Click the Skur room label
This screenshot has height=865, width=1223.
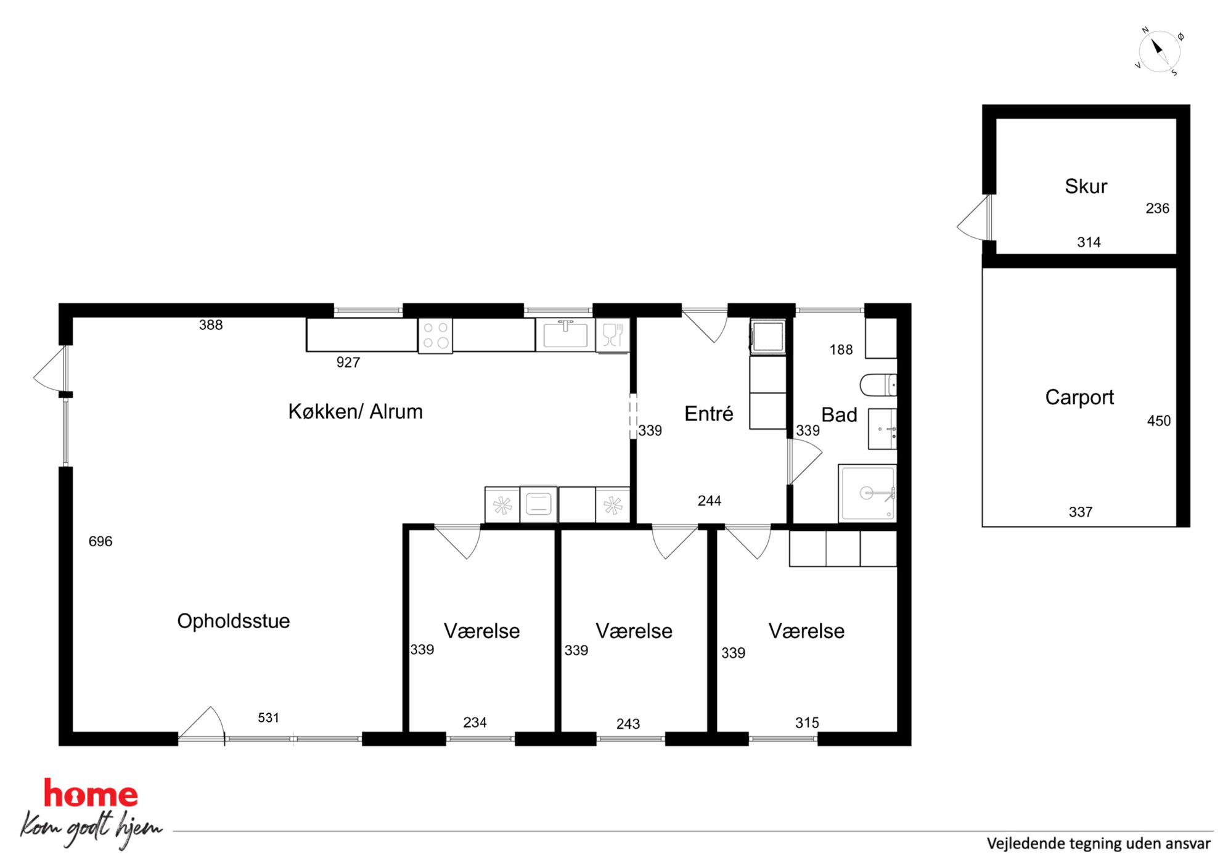click(x=1086, y=186)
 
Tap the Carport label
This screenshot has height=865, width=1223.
click(x=1079, y=398)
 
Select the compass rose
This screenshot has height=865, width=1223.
click(x=1158, y=51)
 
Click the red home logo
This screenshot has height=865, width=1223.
click(x=91, y=793)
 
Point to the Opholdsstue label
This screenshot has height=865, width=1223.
click(x=233, y=621)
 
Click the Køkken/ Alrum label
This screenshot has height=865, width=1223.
click(x=355, y=411)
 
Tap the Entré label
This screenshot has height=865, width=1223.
click(x=708, y=413)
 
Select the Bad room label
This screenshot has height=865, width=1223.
click(x=839, y=414)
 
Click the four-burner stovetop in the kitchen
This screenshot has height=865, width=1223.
click(x=435, y=335)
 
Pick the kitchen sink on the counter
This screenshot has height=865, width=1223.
click(x=565, y=335)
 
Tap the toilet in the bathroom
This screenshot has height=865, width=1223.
click(x=878, y=385)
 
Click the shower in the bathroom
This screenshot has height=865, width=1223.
click(x=867, y=493)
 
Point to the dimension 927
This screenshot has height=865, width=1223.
click(x=348, y=363)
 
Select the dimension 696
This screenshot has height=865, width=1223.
click(x=100, y=541)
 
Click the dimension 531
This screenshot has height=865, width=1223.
click(x=268, y=718)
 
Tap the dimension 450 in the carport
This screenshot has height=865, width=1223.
click(x=1158, y=421)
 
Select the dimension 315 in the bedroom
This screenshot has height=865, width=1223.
click(x=807, y=723)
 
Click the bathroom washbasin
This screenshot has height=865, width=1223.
click(x=882, y=428)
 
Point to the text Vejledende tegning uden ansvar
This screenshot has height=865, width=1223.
click(x=1098, y=844)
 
